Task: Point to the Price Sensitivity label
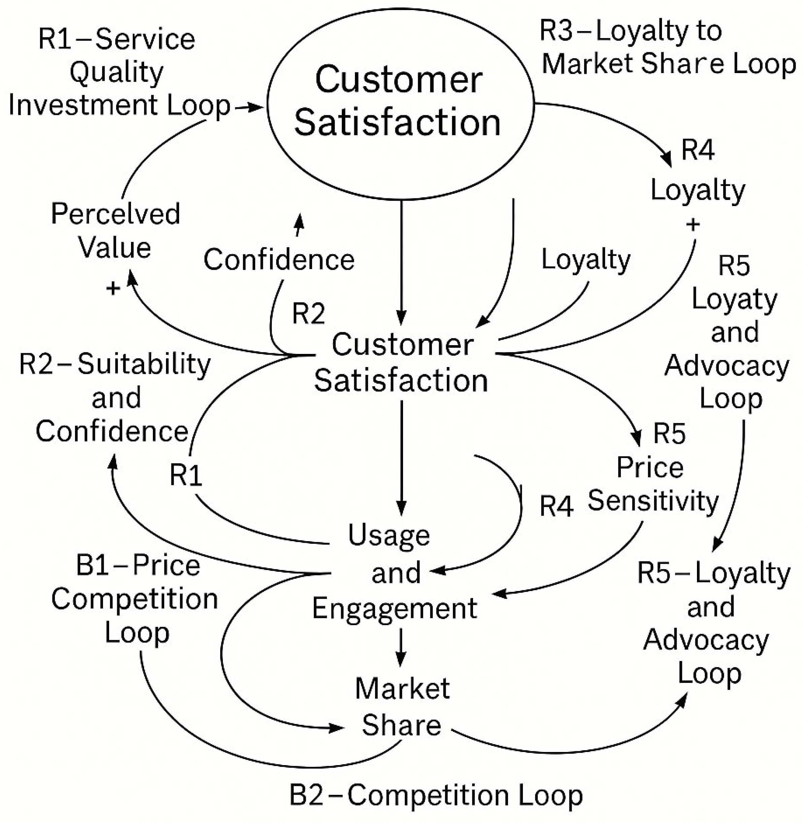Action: click(x=653, y=484)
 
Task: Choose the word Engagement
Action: click(x=394, y=608)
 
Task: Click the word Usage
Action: click(x=388, y=536)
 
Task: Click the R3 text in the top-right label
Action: click(x=556, y=31)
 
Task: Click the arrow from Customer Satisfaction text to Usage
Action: click(x=401, y=457)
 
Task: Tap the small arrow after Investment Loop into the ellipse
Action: click(x=249, y=108)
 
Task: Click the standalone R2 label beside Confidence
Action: click(x=308, y=314)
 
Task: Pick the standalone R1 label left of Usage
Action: click(x=185, y=475)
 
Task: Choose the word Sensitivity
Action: click(x=653, y=501)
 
